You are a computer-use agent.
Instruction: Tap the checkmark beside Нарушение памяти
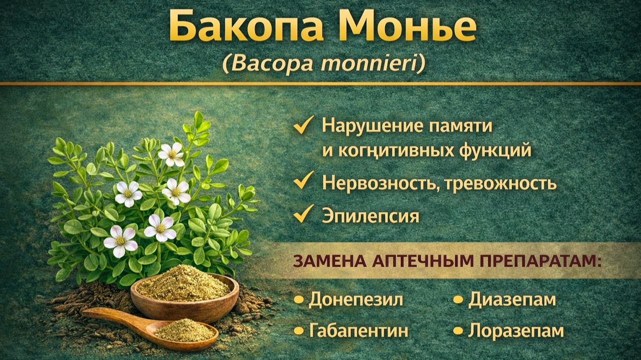(x=303, y=125)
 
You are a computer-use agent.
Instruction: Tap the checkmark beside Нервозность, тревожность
(x=303, y=181)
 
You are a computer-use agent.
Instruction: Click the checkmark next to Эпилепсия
(x=303, y=214)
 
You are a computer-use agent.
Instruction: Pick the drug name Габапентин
(x=358, y=330)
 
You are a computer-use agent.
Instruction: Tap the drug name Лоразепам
(x=516, y=330)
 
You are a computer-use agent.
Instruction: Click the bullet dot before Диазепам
(x=458, y=300)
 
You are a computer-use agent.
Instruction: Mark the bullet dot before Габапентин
(x=299, y=331)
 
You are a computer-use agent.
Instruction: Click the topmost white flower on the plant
(x=171, y=154)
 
